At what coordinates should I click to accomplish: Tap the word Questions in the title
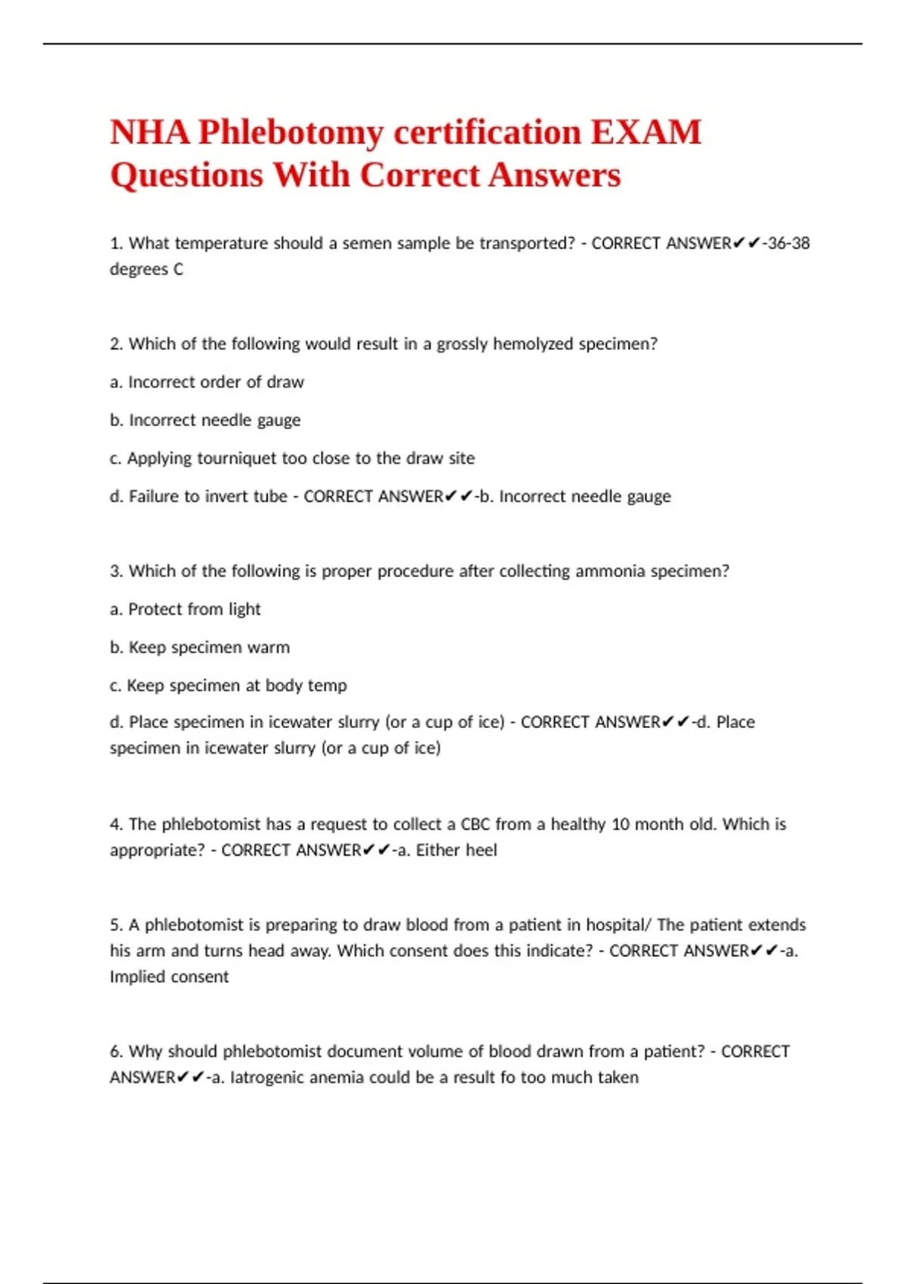point(186,175)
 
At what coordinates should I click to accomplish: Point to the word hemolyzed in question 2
point(533,344)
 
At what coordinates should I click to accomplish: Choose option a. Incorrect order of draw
point(207,382)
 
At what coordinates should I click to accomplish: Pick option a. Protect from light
point(186,610)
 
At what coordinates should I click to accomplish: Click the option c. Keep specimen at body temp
point(229,686)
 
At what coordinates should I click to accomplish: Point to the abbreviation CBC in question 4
point(475,824)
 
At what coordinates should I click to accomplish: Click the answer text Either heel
point(456,850)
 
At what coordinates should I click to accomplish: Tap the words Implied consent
point(169,977)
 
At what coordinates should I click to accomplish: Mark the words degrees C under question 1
point(146,270)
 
